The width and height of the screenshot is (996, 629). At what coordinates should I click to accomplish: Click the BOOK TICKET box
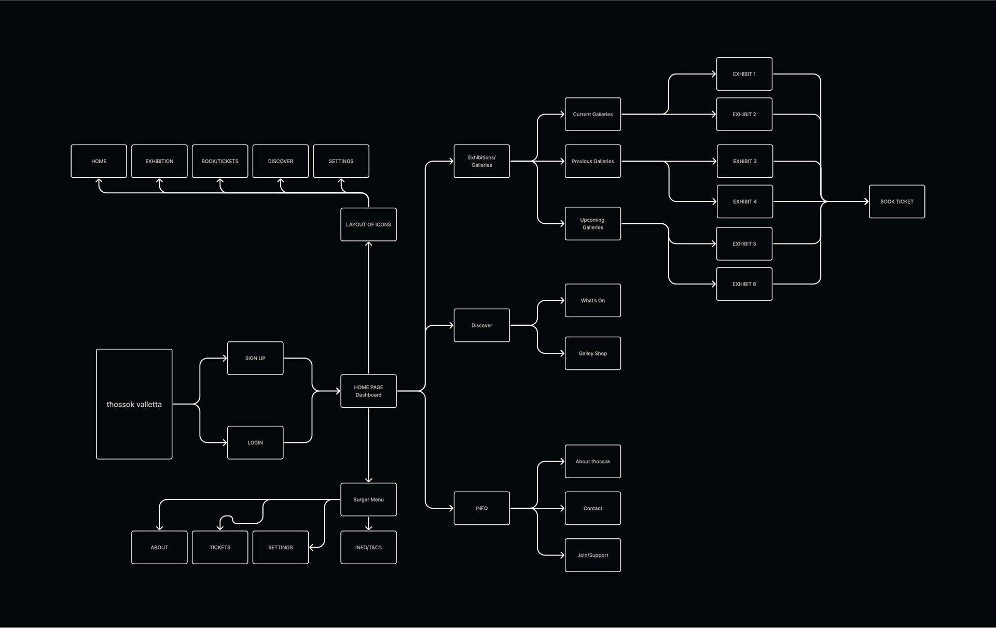(x=896, y=202)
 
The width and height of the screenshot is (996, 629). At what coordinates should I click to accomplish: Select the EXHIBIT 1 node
(x=744, y=74)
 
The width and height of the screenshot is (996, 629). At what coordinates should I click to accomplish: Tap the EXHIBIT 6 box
(x=744, y=284)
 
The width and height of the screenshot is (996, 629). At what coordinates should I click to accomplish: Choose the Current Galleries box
(x=592, y=115)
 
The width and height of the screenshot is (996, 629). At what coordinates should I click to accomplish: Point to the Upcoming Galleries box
(x=592, y=223)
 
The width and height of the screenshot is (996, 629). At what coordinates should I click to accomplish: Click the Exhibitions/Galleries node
(x=481, y=161)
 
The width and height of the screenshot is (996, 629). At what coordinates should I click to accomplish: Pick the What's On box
(x=592, y=301)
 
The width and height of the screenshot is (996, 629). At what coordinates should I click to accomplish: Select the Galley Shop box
(x=592, y=353)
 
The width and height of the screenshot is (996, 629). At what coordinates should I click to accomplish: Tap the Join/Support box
(x=592, y=555)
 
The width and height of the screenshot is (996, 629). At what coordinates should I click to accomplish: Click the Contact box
(x=592, y=508)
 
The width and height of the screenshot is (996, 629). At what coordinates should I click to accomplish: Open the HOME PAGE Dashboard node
(x=368, y=391)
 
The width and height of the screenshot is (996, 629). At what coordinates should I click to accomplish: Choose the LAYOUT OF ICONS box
(x=368, y=224)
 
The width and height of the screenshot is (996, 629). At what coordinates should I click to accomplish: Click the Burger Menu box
(x=368, y=499)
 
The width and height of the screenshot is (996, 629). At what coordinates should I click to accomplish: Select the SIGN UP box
(x=255, y=358)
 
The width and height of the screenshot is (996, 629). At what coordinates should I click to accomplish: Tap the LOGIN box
(x=255, y=442)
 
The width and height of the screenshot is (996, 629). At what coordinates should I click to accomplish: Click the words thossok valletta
(x=134, y=404)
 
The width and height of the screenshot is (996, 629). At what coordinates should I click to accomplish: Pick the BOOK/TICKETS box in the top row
(x=220, y=161)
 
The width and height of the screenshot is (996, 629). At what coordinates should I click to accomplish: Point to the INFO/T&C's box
(x=368, y=547)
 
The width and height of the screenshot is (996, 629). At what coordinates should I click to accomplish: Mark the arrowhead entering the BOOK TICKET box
(x=866, y=202)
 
